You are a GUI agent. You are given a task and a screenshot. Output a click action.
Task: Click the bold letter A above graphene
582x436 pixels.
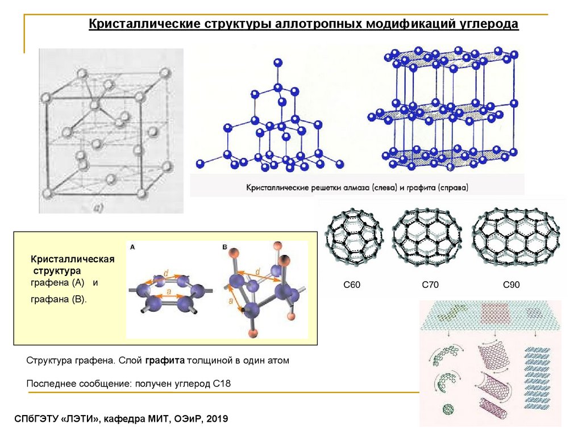[x=132, y=247]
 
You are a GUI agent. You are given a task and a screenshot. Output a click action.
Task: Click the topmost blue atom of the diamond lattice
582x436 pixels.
[x=277, y=62]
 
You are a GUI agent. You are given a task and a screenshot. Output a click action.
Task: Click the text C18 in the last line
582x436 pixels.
[x=221, y=384]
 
